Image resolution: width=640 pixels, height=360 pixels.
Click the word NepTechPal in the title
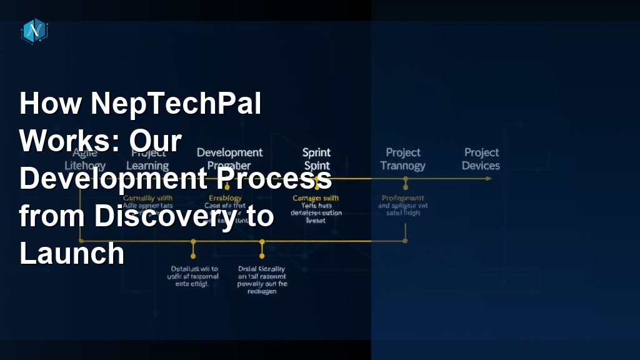coord(176,103)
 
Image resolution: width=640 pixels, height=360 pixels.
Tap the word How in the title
coord(50,103)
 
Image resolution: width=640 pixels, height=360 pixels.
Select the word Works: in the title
coord(68,141)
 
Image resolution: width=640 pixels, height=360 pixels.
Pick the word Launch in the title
coord(72,254)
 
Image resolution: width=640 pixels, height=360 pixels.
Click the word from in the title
coord(52,216)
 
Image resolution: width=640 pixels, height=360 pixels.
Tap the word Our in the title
coord(156,141)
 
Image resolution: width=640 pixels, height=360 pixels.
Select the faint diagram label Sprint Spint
coord(316,159)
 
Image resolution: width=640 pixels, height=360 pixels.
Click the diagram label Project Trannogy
coord(403,159)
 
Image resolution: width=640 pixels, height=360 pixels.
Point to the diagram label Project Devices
coord(481,159)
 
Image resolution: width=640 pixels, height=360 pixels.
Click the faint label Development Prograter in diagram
coord(229,159)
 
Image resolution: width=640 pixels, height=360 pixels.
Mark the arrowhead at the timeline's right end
coord(487,179)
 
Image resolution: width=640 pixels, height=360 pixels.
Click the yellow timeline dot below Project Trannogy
coord(406,179)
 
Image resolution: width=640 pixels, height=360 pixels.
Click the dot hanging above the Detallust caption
coord(193,256)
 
